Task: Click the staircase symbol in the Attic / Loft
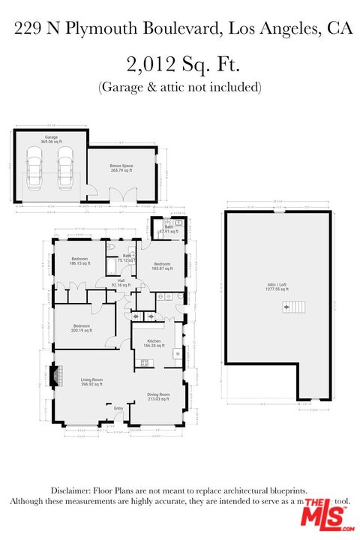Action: [290, 307]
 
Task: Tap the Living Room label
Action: [91, 382]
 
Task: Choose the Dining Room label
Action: [158, 397]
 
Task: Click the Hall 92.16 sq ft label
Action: [121, 283]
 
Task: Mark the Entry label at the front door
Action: [118, 409]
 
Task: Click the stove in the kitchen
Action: [143, 364]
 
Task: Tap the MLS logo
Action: [324, 514]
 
